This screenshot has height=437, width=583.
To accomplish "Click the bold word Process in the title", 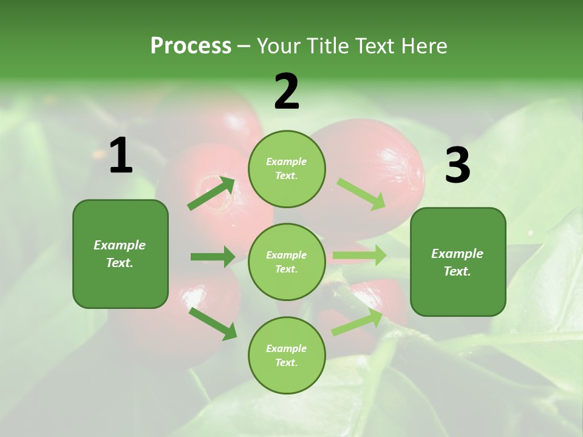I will [191, 46].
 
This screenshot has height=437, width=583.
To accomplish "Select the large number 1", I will [121, 156].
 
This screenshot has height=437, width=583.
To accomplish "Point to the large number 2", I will [287, 92].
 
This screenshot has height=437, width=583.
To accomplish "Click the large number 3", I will [457, 166].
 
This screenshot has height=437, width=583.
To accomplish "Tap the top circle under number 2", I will [287, 169].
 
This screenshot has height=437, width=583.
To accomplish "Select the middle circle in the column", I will [287, 262].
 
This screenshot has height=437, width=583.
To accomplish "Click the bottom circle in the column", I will [287, 355].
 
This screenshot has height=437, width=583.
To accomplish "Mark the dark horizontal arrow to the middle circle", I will [213, 257].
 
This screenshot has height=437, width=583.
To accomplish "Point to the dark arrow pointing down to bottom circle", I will [213, 324].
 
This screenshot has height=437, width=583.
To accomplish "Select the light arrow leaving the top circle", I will [361, 194].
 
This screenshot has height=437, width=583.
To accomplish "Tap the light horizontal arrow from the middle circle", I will [359, 256].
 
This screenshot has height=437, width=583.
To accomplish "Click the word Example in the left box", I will [120, 245].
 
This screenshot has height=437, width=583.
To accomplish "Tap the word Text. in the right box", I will [457, 271].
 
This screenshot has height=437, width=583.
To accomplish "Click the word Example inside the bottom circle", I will [286, 348].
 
